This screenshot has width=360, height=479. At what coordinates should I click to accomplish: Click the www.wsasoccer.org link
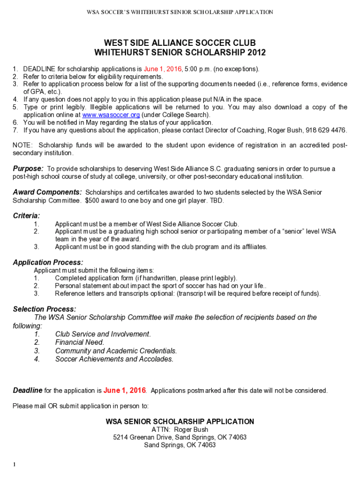(x=111, y=115)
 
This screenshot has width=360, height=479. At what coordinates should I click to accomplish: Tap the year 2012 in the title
(x=257, y=52)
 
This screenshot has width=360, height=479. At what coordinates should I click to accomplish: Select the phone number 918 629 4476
(x=327, y=130)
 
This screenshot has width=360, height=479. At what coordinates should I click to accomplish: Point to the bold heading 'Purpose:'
(x=28, y=168)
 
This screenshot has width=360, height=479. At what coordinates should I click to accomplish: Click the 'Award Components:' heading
(x=47, y=192)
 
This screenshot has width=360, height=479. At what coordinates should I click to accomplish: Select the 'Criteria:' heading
(x=26, y=216)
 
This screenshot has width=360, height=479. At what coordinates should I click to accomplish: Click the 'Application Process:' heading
(x=48, y=262)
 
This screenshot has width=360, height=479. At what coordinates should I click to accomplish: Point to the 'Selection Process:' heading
(x=44, y=309)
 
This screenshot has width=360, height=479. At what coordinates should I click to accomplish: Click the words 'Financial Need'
(x=79, y=342)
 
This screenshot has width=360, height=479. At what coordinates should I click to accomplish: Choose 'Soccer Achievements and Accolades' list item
(x=114, y=359)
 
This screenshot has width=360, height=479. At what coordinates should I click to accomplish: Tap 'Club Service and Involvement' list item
(x=103, y=334)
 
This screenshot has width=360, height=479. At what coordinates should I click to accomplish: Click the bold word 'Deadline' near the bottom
(x=28, y=390)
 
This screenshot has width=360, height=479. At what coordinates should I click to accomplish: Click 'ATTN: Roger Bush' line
(x=180, y=429)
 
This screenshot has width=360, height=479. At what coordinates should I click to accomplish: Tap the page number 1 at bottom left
(x=14, y=464)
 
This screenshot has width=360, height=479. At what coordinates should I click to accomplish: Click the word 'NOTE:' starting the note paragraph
(x=22, y=145)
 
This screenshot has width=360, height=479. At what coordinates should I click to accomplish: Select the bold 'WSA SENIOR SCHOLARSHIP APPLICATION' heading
(x=180, y=421)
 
